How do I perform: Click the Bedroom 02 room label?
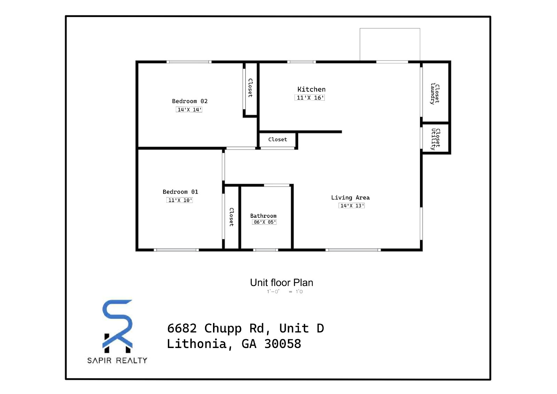click(190, 101)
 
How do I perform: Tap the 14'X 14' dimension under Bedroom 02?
click(189, 109)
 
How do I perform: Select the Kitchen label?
click(311, 89)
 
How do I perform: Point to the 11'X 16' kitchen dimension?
click(309, 98)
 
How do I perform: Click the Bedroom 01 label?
click(180, 192)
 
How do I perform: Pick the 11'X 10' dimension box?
click(180, 200)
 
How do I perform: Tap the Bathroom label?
click(263, 216)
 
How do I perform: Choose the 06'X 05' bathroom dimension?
click(264, 222)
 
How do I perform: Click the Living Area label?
click(350, 198)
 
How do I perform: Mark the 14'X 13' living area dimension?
click(352, 206)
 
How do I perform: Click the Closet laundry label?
click(435, 94)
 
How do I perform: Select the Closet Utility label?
click(436, 139)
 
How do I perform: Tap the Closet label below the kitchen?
click(277, 139)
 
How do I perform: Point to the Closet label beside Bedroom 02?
click(250, 88)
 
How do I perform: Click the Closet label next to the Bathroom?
click(231, 217)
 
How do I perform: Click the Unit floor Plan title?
click(282, 283)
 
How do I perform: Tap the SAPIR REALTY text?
click(117, 361)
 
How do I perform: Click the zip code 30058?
click(282, 344)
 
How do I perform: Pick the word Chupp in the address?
click(223, 329)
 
